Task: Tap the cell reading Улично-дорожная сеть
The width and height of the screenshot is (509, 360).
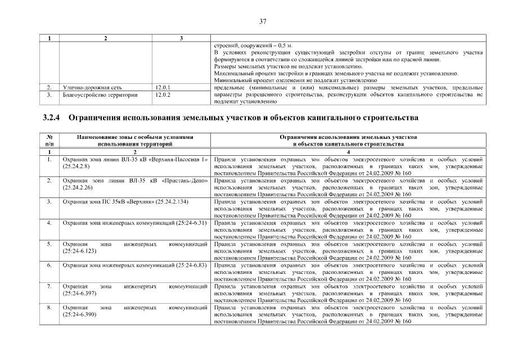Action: tap(92, 88)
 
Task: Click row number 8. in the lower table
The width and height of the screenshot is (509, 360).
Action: tap(50, 307)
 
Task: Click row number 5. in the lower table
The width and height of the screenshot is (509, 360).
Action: tap(50, 244)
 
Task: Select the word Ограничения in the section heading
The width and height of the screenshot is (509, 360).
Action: tap(99, 119)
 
